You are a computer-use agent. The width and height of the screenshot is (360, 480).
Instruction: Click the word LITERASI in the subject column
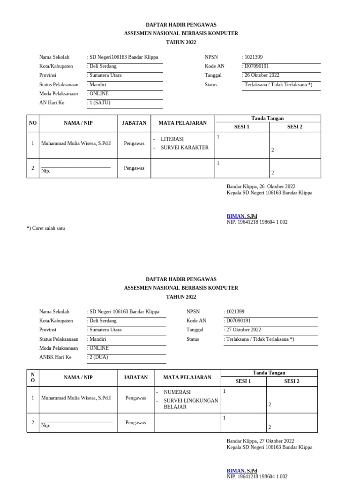tap(172, 139)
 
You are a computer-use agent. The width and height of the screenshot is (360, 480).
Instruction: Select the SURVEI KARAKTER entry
tap(184, 148)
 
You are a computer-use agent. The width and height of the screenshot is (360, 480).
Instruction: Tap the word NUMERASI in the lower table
tap(177, 392)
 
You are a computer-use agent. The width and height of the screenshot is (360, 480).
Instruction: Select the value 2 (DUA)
tap(98, 357)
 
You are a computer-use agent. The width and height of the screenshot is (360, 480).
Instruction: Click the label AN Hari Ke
tap(52, 102)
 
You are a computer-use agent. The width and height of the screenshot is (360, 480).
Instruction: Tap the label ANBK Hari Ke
tap(55, 357)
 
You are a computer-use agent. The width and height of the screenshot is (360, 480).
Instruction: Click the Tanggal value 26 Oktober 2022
tap(261, 75)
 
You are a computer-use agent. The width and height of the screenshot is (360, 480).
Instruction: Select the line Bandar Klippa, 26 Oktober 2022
tap(261, 187)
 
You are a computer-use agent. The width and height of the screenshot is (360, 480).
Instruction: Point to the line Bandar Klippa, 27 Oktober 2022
tap(260, 441)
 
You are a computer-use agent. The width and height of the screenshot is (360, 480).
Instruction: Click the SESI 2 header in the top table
tap(294, 127)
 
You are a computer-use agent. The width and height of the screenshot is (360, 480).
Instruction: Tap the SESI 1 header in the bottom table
tap(243, 381)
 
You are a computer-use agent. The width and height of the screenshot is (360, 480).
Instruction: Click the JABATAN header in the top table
tap(134, 123)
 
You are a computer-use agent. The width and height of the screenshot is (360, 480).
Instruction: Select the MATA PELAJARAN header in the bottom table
tap(187, 377)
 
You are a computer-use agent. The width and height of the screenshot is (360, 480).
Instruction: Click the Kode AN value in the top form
tap(256, 66)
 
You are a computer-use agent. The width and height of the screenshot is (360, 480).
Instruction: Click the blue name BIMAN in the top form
tap(236, 216)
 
